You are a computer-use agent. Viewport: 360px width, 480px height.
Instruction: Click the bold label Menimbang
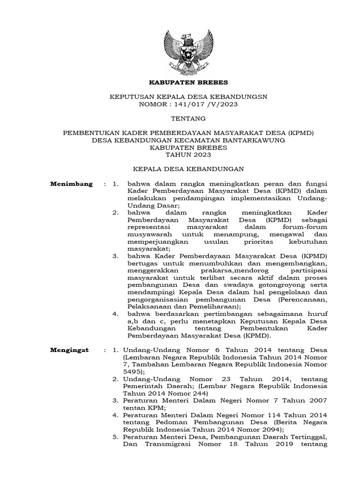(x=71, y=183)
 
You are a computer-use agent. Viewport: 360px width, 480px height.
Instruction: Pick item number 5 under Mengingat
(x=115, y=437)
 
